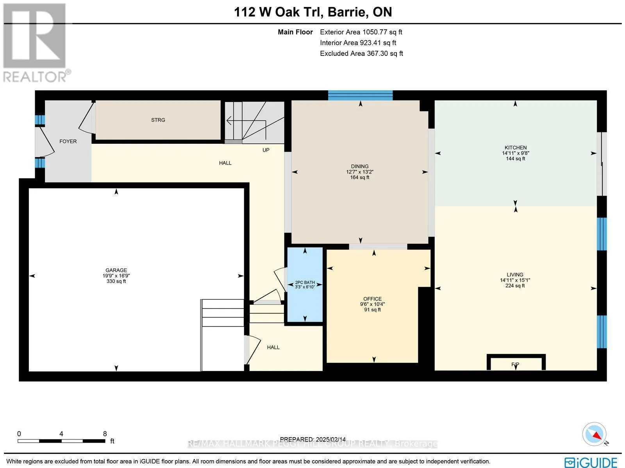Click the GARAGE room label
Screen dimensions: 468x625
click(x=116, y=270)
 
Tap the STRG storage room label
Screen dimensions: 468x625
click(x=158, y=120)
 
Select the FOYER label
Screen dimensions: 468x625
click(x=68, y=141)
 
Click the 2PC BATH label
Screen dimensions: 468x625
click(x=305, y=282)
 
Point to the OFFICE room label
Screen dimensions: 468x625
click(x=372, y=299)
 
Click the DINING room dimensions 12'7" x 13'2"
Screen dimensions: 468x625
click(x=360, y=172)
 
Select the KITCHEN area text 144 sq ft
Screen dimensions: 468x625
click(x=516, y=159)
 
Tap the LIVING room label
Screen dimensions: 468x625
click(x=515, y=275)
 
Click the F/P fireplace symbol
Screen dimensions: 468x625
click(x=515, y=364)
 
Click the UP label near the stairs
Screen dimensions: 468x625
click(x=266, y=150)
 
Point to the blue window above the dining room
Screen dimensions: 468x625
click(x=360, y=95)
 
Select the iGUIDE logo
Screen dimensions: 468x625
click(x=591, y=462)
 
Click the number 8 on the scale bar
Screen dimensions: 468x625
click(x=105, y=434)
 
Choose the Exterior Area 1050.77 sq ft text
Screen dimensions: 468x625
click(x=361, y=32)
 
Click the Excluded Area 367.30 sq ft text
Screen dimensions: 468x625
click(x=361, y=54)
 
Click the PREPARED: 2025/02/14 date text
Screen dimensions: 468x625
click(x=313, y=439)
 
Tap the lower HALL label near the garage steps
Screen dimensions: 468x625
click(x=273, y=347)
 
